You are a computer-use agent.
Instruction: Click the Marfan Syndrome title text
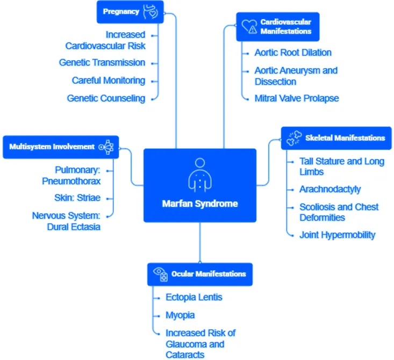tap(200, 204)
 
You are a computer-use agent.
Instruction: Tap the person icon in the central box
tap(200, 175)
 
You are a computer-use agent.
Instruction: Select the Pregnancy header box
tap(130, 12)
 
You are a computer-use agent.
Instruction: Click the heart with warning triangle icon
tap(249, 27)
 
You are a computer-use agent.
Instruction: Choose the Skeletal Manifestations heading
tap(345, 138)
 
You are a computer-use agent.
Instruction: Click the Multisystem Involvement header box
tap(61, 147)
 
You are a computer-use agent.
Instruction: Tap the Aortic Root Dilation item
tap(293, 53)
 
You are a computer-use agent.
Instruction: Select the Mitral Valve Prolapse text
tap(297, 98)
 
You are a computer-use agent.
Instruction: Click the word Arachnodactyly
tap(330, 189)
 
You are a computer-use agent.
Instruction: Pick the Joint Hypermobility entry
tap(337, 235)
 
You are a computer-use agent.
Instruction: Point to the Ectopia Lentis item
tap(194, 297)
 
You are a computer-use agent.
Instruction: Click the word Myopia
tap(180, 315)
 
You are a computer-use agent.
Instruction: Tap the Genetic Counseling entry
tap(106, 98)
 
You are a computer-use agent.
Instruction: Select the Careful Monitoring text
tap(109, 81)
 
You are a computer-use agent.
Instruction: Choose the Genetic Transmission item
tap(102, 62)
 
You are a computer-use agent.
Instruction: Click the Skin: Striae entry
tap(77, 198)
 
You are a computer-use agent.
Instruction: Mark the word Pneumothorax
tap(71, 181)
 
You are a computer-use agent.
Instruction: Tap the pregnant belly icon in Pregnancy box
tap(151, 12)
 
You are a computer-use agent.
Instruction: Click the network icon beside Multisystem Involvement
tap(106, 147)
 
